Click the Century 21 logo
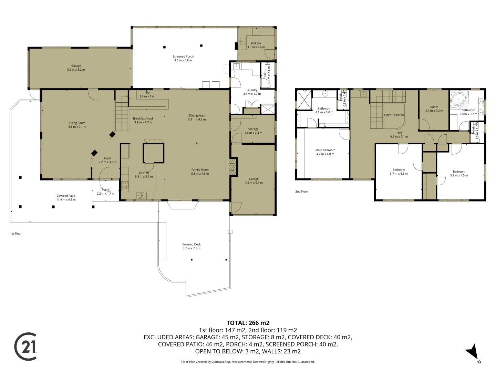25,347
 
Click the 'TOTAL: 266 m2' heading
248,323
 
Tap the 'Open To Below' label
394,115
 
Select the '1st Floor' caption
16,234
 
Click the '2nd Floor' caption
301,192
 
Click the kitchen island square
153,153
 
